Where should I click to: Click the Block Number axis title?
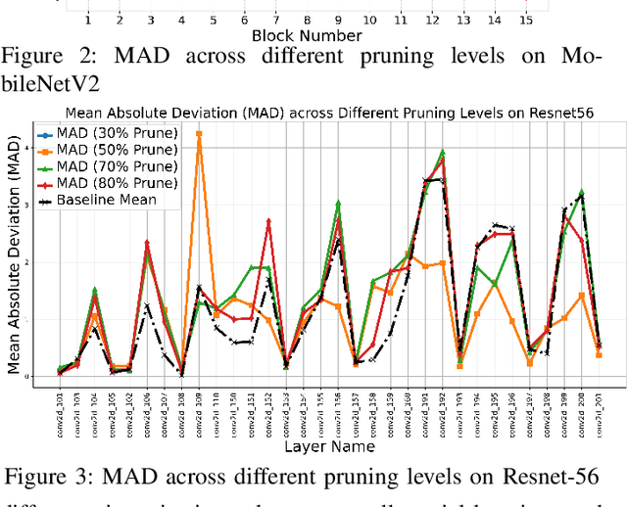click(x=306, y=35)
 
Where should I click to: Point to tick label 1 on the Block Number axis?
click(x=88, y=19)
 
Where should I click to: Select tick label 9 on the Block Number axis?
click(x=338, y=19)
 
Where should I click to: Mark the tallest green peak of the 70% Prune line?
click(x=442, y=152)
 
